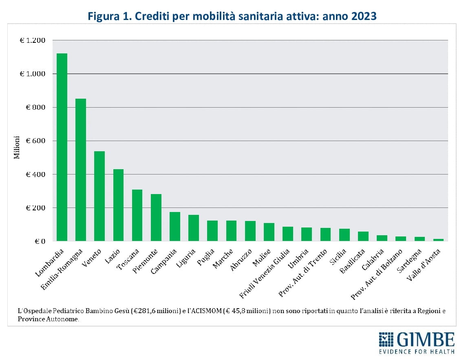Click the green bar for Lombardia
[62, 147]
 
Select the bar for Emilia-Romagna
[81, 170]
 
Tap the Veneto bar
[99, 196]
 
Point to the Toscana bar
[137, 215]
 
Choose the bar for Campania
[175, 227]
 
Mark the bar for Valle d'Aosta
[438, 240]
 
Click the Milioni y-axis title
[17, 147]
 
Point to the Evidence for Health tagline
[417, 351]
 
